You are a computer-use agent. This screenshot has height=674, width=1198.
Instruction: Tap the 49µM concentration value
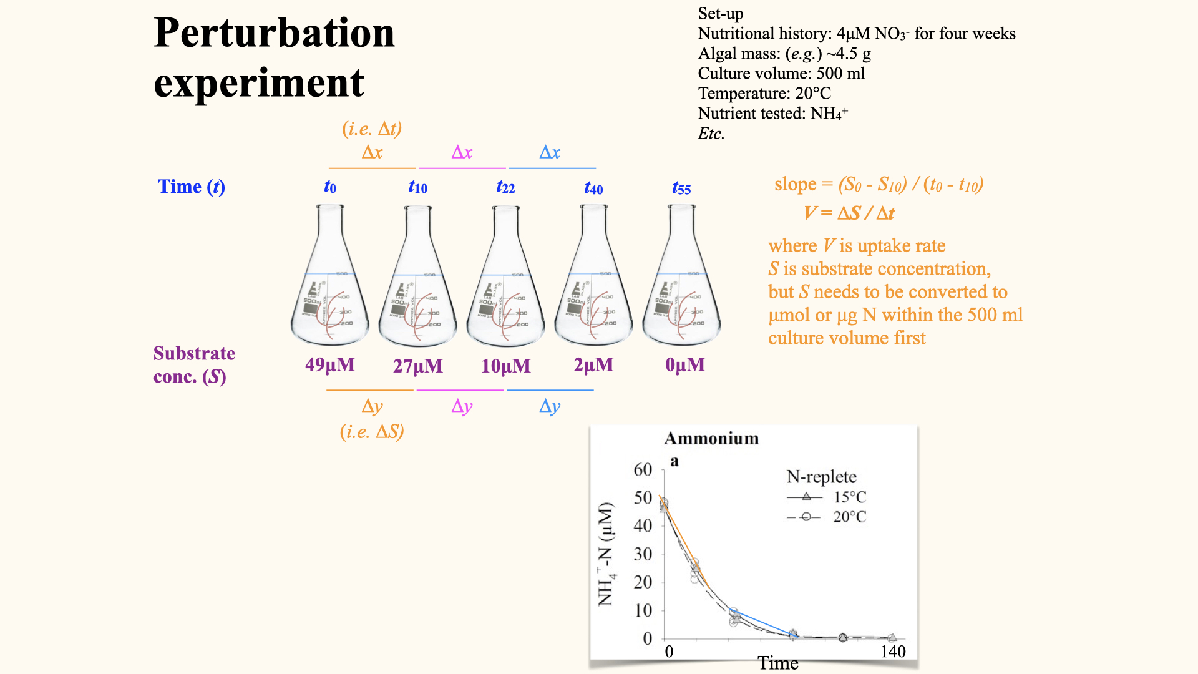point(330,365)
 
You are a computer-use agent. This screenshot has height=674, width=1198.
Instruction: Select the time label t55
point(681,188)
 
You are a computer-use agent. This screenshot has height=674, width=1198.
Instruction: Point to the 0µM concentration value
point(685,365)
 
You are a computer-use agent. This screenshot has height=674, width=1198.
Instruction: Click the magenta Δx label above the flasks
point(462,152)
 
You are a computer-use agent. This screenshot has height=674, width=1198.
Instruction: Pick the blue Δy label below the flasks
point(550,406)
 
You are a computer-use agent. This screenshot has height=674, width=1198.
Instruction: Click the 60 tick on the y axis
point(643,469)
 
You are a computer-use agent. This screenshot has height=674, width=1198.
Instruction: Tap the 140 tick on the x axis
point(893,652)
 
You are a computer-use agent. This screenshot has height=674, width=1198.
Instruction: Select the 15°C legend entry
point(850,497)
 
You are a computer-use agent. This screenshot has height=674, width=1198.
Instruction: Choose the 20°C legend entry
point(850,517)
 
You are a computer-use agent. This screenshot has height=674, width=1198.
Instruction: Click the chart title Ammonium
point(711,439)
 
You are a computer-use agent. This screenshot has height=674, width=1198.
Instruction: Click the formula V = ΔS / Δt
point(849,213)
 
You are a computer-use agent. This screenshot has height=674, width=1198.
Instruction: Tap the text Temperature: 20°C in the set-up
point(764,94)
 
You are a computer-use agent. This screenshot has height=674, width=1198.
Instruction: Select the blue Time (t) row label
point(191,187)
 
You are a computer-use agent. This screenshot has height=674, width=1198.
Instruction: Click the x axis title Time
point(778,663)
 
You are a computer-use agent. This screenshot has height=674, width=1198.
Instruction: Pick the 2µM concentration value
point(593,365)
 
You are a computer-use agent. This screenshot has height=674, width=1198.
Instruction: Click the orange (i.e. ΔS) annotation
point(372,432)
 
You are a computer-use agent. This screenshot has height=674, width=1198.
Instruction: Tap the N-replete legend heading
point(821,477)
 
